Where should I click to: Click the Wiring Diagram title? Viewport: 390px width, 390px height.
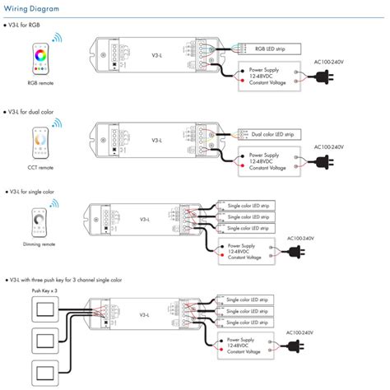[x=35, y=7]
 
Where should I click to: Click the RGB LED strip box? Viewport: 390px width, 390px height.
[x=271, y=50]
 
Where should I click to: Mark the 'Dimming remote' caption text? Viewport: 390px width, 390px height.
[x=39, y=244]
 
